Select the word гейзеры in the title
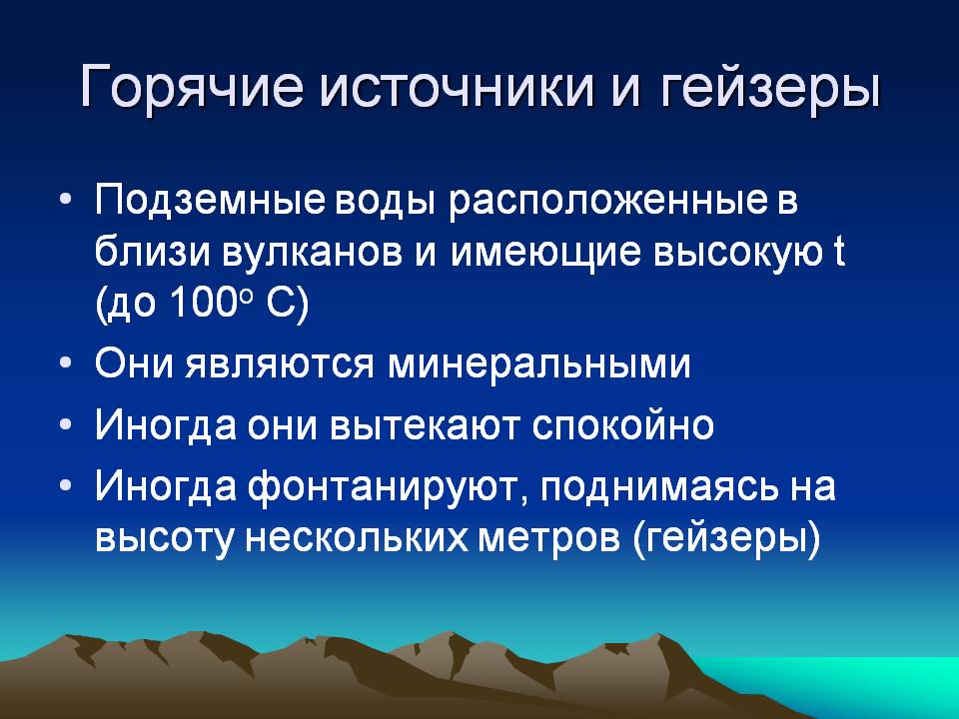coord(770,89)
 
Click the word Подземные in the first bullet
coord(209,201)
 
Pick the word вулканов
coord(312,252)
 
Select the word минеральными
coord(538,364)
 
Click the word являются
coord(279,364)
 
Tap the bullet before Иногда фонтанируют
coord(66,485)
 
